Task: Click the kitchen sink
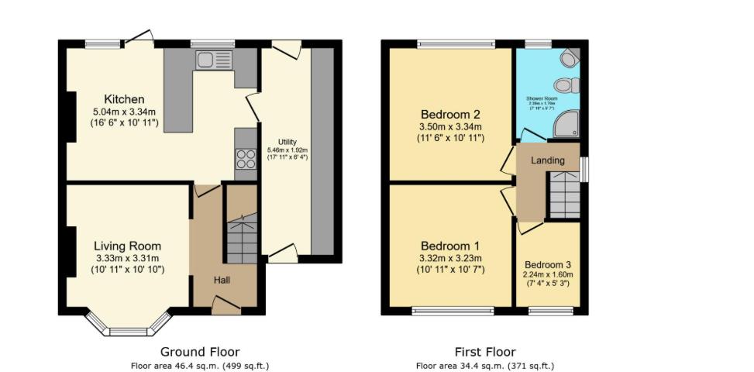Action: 214,60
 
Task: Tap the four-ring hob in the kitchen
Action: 246,159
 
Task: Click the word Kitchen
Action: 125,99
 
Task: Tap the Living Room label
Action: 128,246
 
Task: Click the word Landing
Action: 548,160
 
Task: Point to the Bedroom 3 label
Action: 548,263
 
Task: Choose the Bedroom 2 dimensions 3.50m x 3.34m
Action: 451,127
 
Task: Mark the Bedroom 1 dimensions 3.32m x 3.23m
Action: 451,258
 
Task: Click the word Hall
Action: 225,280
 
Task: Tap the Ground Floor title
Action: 200,352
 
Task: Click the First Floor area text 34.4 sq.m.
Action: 484,366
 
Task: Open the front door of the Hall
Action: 226,309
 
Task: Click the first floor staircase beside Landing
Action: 564,195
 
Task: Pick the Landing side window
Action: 584,169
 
